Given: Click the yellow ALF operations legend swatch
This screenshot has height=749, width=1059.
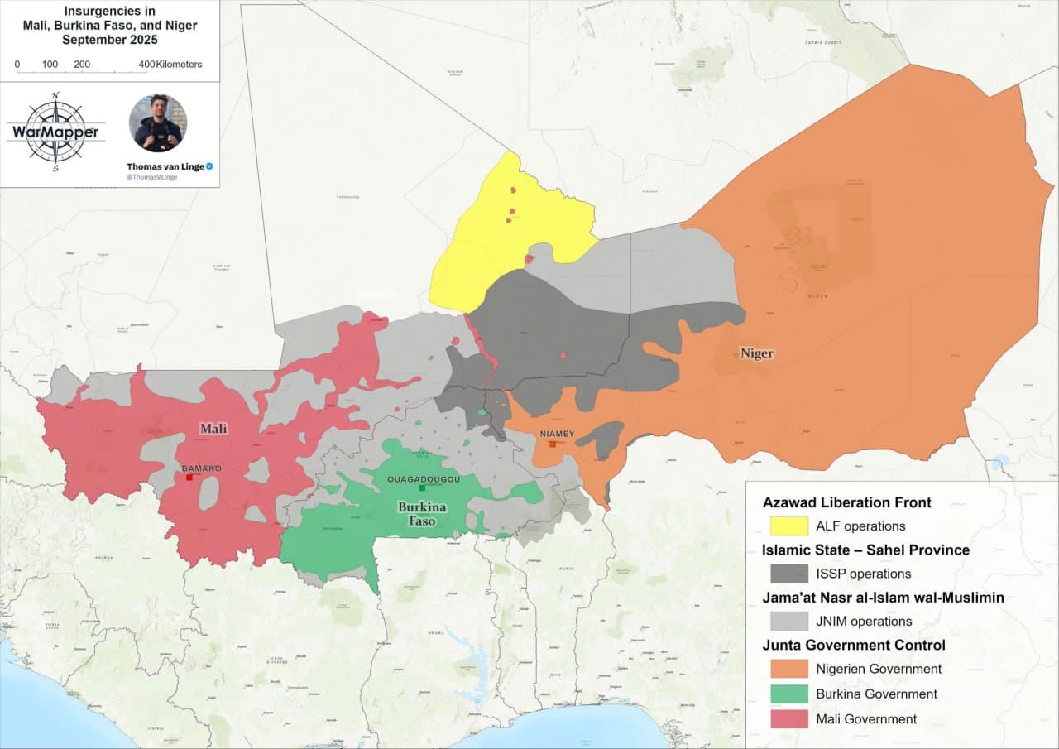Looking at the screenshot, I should pos(788,526).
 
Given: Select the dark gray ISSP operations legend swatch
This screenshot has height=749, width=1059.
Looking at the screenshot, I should pos(788,574).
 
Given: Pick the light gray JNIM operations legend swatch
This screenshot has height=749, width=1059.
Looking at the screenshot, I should pos(788,622).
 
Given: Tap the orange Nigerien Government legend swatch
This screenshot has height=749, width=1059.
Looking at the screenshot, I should pos(788,670).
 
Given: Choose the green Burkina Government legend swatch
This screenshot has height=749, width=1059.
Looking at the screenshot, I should pos(788,694).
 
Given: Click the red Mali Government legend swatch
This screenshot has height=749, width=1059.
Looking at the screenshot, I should pos(788,719).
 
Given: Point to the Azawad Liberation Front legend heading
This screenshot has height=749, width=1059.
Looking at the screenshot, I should pos(846,502).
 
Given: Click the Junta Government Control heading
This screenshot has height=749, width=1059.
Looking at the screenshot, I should pos(854,646).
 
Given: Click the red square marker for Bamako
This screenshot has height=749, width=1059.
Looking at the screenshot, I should pos(189,478).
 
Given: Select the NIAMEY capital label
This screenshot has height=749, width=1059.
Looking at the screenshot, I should pos(556,434).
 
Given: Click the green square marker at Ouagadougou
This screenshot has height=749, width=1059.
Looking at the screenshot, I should pos(422,487).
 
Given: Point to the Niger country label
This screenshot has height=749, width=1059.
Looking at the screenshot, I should pos(756,353).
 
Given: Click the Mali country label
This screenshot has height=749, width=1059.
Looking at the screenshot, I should pos(213,429).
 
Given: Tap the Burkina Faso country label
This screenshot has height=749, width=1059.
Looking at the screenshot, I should pos(422,513).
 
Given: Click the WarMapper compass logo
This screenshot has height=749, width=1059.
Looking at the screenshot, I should pos(55,132).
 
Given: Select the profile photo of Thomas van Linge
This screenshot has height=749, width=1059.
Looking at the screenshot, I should pos(157,123).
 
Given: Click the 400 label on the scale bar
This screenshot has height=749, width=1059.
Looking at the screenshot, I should pos(146,65).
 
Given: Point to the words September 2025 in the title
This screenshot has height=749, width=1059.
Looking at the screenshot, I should pos(109,39).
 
